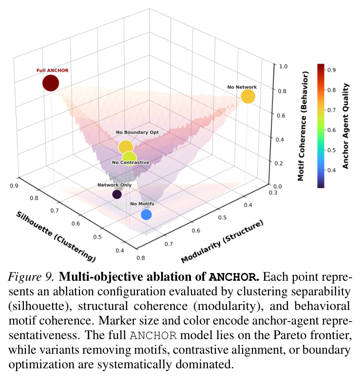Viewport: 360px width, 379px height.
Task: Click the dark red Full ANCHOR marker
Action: pyautogui.click(x=51, y=83)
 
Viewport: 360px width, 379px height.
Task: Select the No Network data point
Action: pyautogui.click(x=248, y=96)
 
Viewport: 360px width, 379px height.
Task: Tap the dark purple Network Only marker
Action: pyautogui.click(x=117, y=194)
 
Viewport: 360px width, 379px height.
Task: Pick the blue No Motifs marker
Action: pyautogui.click(x=146, y=215)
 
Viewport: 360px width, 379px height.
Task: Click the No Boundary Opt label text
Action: pyautogui.click(x=137, y=132)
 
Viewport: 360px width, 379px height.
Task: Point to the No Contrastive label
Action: pyautogui.click(x=131, y=162)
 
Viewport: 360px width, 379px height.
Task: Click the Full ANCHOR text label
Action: pyautogui.click(x=52, y=71)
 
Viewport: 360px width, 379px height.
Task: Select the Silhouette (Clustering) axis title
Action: pyautogui.click(x=56, y=236)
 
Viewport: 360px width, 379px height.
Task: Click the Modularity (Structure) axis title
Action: pyautogui.click(x=222, y=241)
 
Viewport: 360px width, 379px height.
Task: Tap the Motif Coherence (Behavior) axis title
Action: pyautogui.click(x=303, y=126)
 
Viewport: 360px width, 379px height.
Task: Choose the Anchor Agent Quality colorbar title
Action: pyautogui.click(x=345, y=126)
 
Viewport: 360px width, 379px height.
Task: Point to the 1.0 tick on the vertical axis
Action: pyautogui.click(x=283, y=66)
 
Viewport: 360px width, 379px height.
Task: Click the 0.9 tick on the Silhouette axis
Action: pyautogui.click(x=14, y=186)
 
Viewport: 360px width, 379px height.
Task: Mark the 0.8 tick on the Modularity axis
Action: pyautogui.click(x=141, y=258)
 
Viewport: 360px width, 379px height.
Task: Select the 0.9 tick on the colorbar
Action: pyautogui.click(x=331, y=70)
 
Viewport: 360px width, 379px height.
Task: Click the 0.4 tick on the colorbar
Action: pyautogui.click(x=331, y=170)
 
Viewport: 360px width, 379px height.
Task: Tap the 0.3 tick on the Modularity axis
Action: pyautogui.click(x=273, y=193)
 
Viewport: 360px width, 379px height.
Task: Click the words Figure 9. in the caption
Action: pyautogui.click(x=31, y=276)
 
